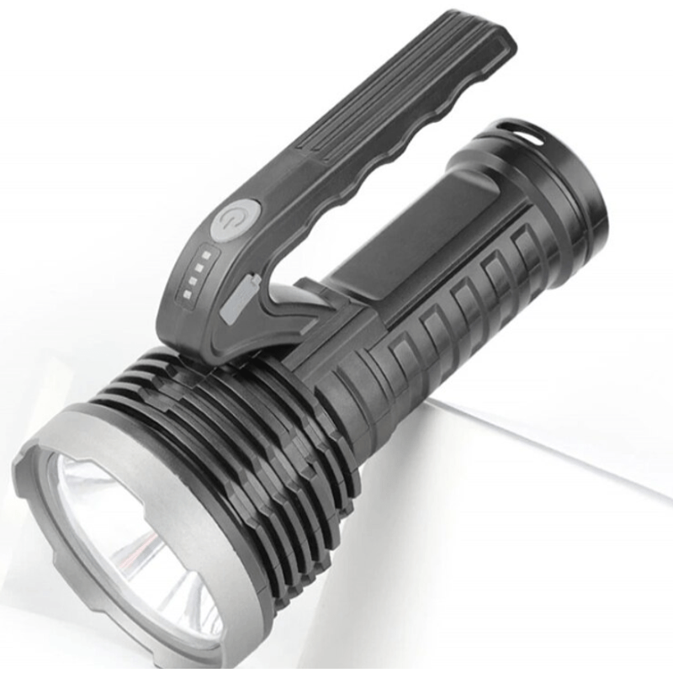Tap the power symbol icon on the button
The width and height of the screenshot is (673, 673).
229,220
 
